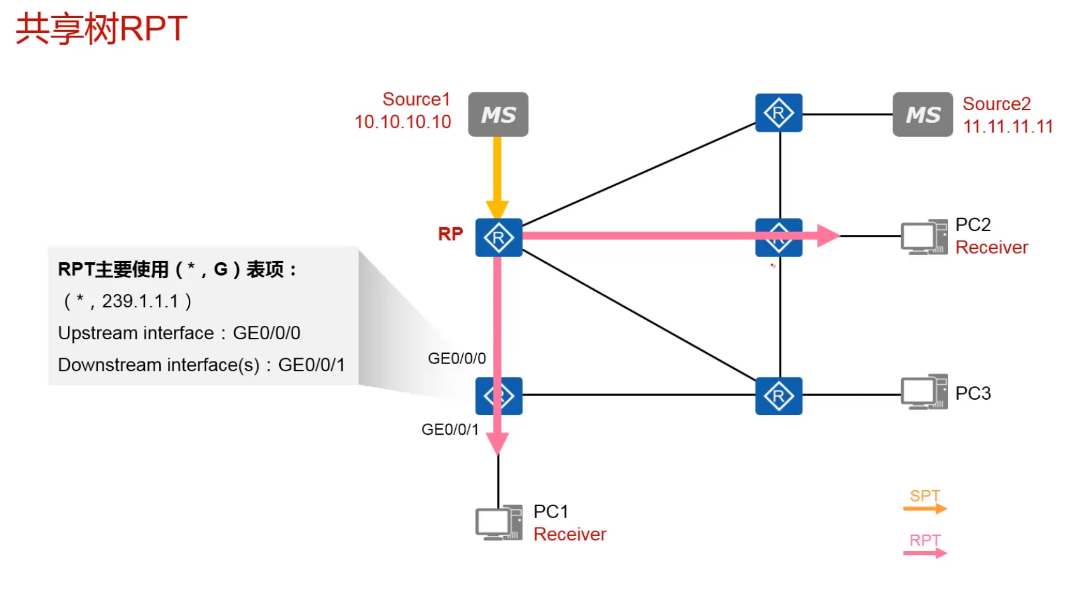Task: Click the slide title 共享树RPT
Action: pos(101,29)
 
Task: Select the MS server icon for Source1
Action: pos(498,115)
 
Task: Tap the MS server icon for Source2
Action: pos(922,115)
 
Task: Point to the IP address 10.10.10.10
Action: pos(402,122)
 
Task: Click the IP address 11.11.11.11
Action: pos(1008,127)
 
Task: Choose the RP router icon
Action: pos(498,238)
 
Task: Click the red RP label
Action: pos(450,234)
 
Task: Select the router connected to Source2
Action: pos(779,113)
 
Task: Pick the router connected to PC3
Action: pos(779,396)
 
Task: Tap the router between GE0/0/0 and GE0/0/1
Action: pos(498,396)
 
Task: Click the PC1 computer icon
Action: pos(498,523)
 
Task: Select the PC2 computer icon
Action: pos(924,237)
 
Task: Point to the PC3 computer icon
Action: pos(924,392)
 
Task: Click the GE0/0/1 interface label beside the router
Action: pos(449,430)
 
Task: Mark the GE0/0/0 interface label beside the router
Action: pos(456,358)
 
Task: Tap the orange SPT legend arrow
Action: pos(925,509)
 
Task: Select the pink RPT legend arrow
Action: pos(925,553)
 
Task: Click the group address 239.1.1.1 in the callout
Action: pos(140,301)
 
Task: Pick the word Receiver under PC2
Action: pos(991,248)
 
